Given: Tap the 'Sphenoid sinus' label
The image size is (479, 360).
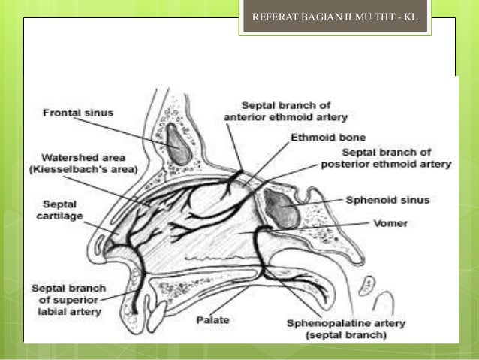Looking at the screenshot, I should (x=378, y=201).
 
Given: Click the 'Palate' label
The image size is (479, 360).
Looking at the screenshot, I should (x=213, y=319).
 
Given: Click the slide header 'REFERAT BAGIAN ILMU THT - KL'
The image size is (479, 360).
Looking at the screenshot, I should (x=335, y=16).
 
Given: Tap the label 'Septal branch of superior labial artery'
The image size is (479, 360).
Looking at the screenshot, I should (x=69, y=299).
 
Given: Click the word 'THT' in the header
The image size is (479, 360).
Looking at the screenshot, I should (x=384, y=16).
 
